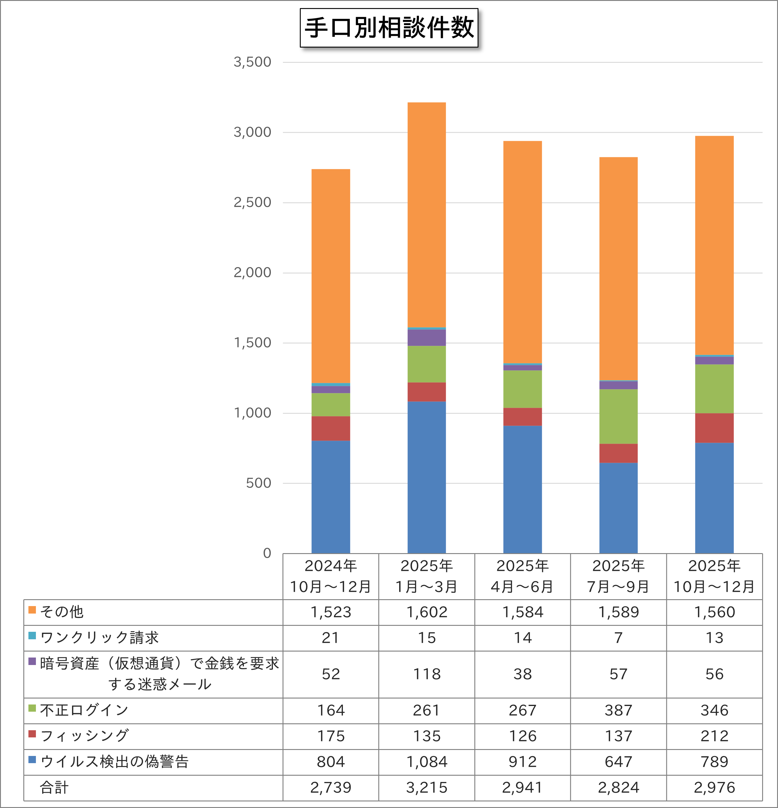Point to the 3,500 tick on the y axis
(252, 62)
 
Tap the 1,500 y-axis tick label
(252, 343)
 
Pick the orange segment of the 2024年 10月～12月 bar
(331, 276)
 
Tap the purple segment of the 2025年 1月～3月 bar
(426, 338)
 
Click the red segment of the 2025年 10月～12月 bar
(714, 428)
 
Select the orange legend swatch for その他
(32, 610)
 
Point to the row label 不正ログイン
(84, 710)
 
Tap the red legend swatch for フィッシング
(32, 734)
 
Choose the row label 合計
(54, 787)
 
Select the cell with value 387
(619, 710)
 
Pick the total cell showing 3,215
(427, 787)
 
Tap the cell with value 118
(427, 674)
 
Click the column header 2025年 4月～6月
(522, 576)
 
